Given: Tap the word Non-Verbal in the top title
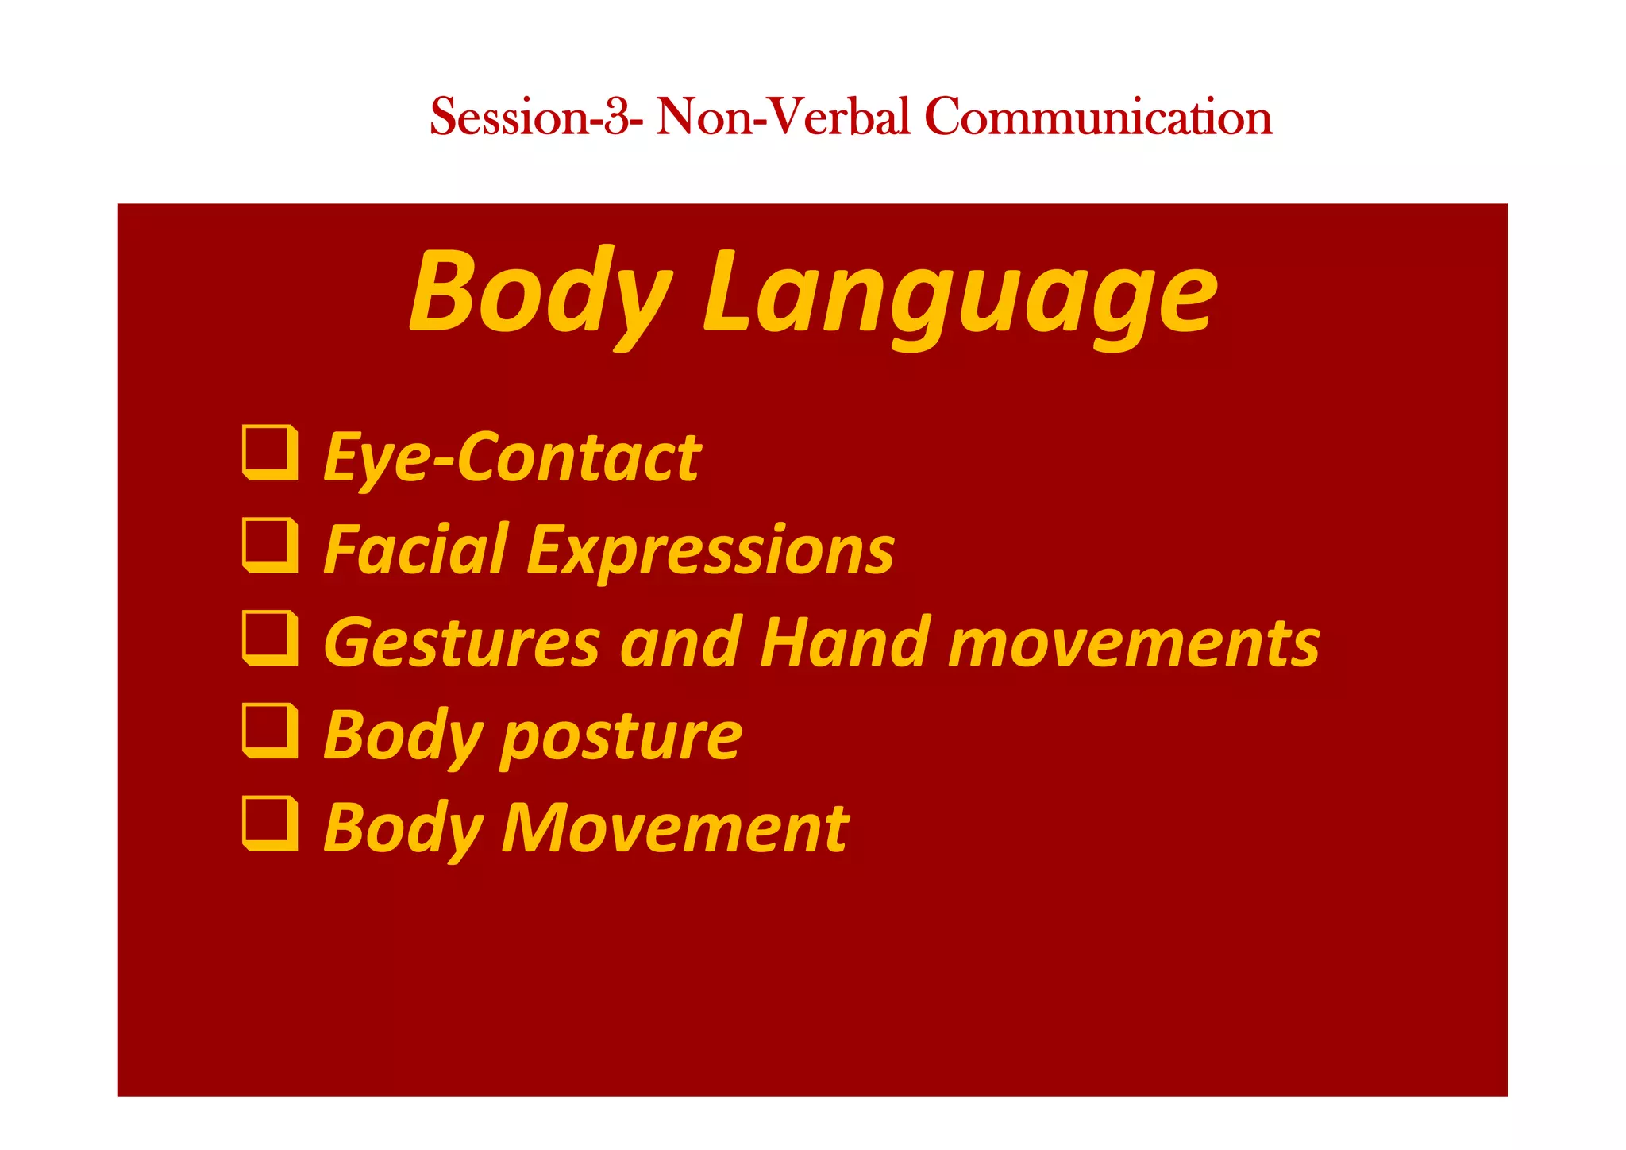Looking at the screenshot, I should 782,117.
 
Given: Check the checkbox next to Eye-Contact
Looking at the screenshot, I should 270,453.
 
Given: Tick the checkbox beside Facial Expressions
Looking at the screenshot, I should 270,545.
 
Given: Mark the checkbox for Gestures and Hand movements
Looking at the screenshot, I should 270,638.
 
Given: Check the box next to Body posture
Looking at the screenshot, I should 270,731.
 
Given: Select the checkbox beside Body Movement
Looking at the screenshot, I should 270,823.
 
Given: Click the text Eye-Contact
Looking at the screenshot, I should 512,457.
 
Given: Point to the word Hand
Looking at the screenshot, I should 845,643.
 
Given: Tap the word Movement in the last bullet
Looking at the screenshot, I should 675,828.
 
